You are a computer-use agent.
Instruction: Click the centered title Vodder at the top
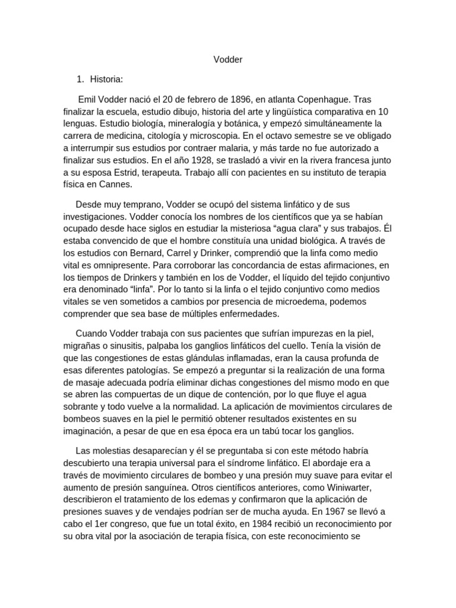228,60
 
